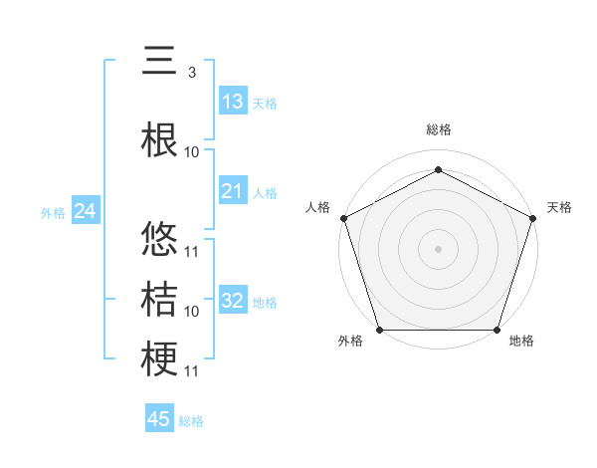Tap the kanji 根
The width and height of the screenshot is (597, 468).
[159, 140]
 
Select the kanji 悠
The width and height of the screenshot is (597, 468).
[159, 240]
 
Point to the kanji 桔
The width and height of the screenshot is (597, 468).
[159, 299]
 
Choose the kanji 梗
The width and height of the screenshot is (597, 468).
[159, 357]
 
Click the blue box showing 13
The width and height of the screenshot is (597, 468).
[233, 102]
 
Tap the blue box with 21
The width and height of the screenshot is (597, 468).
[233, 191]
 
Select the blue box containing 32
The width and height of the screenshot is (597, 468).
[233, 301]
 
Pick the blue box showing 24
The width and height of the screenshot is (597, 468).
[86, 211]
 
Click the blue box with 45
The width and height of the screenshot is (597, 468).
[159, 419]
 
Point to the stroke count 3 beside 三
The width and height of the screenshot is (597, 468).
[191, 73]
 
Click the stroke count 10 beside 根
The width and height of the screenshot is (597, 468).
[192, 152]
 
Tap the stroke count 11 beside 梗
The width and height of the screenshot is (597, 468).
[192, 371]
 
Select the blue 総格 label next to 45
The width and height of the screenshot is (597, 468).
[191, 421]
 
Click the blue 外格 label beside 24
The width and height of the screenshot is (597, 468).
[53, 213]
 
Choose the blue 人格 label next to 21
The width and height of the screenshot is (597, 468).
[265, 193]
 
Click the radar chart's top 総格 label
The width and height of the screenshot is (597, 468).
[438, 129]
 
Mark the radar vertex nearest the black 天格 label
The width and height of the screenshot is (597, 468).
[532, 218]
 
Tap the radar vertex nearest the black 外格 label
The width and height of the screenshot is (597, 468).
[380, 330]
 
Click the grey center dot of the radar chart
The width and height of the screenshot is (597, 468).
[438, 248]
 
